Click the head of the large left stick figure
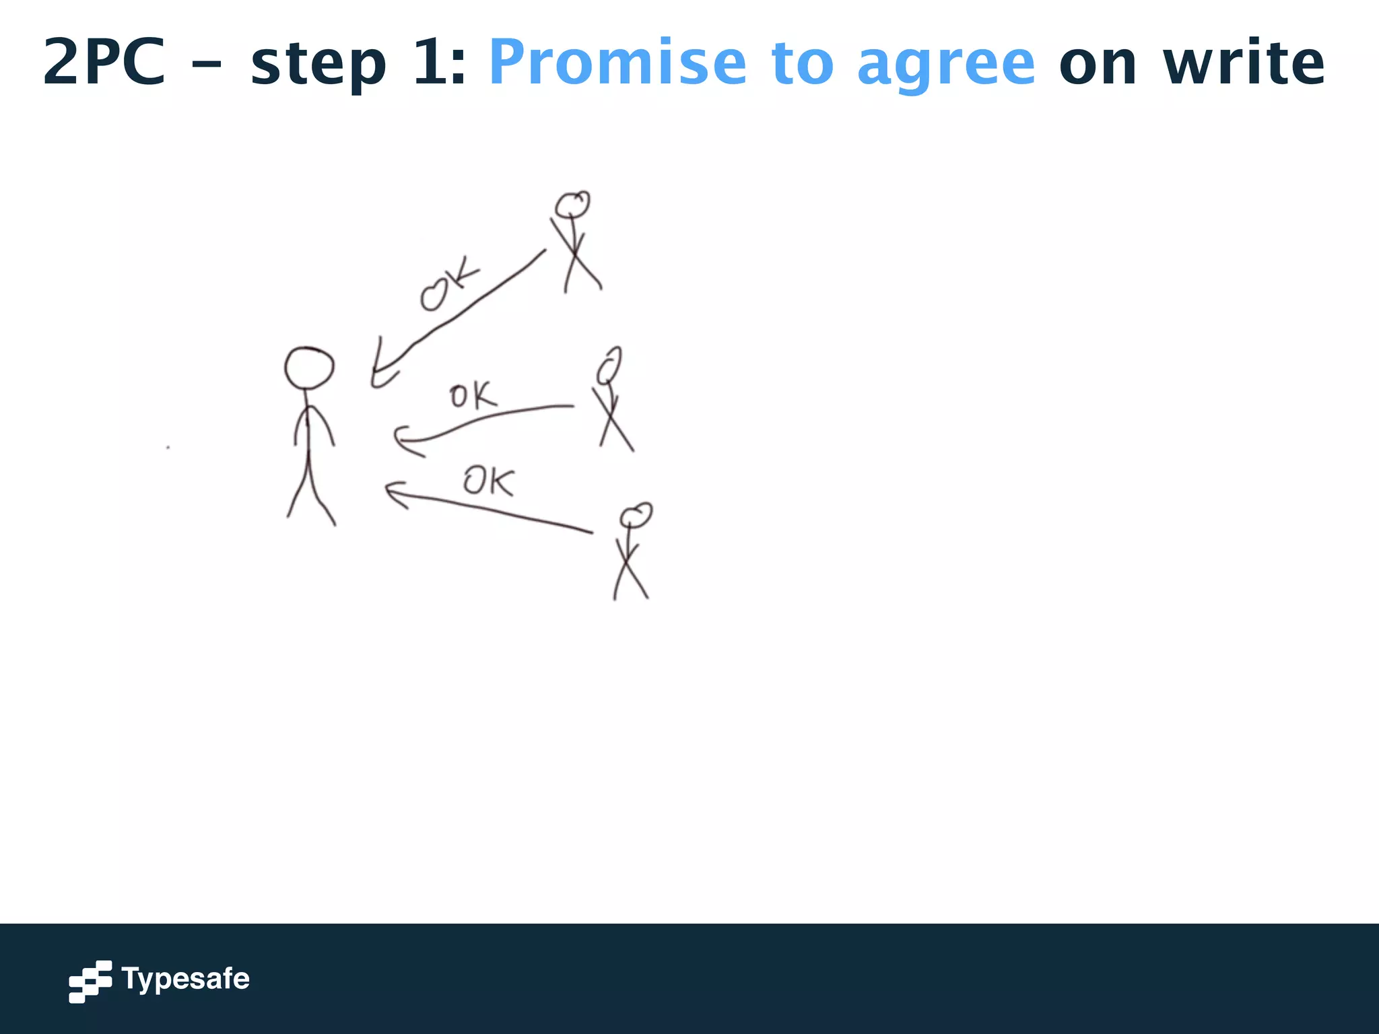[x=309, y=368]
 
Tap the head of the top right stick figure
[x=572, y=204]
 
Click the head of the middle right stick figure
[x=609, y=365]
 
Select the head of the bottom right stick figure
[x=636, y=516]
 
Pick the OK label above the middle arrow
[x=473, y=395]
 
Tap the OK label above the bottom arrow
[x=489, y=481]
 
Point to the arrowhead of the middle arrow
[x=401, y=440]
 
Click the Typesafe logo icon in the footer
[x=90, y=981]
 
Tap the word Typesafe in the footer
[x=185, y=979]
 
